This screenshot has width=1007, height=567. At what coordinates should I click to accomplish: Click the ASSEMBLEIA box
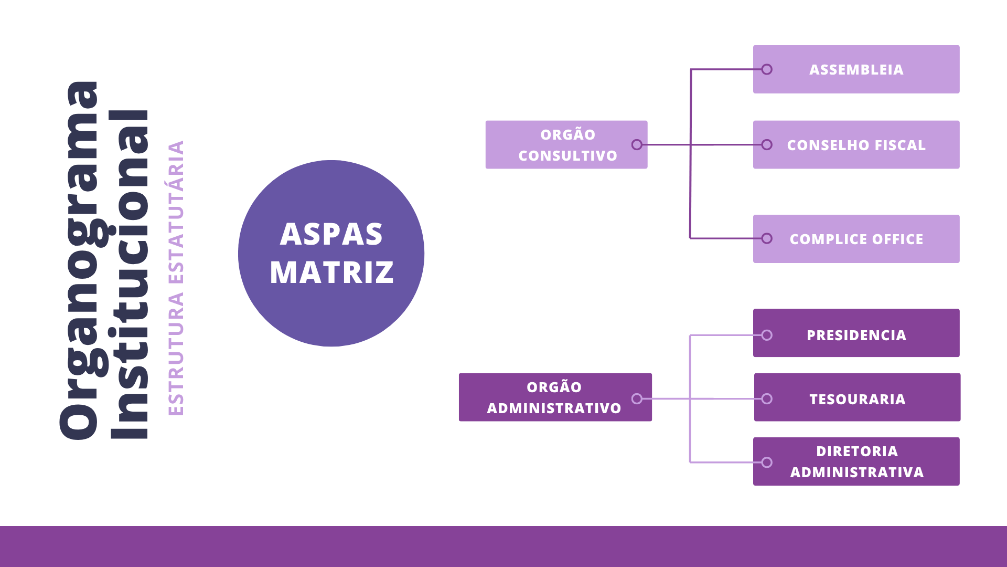(x=856, y=69)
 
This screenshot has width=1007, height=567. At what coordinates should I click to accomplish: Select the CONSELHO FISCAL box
(x=856, y=145)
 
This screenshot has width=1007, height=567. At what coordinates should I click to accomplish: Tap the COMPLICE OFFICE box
(x=856, y=239)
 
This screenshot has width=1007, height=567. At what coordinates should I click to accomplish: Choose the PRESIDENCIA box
(x=856, y=333)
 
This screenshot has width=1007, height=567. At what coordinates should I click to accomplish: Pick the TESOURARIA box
(x=857, y=397)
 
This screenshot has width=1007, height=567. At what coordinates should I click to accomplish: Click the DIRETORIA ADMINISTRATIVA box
(x=856, y=461)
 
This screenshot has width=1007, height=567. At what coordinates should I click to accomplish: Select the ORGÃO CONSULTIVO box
(x=566, y=145)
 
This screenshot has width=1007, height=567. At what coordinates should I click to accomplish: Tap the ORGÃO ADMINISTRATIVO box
(x=555, y=397)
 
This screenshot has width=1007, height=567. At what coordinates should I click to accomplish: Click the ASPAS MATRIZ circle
(x=331, y=254)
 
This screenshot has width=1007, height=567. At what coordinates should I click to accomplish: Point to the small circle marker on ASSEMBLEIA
(x=767, y=69)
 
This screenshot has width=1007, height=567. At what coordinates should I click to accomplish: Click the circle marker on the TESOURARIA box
(x=767, y=399)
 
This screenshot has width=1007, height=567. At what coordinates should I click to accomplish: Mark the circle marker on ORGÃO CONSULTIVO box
(x=637, y=145)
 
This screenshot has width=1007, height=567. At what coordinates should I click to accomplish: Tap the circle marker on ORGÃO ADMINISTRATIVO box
(x=637, y=399)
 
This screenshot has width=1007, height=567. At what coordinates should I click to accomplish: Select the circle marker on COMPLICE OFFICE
(x=767, y=238)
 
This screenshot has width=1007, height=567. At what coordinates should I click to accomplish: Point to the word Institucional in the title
(x=130, y=275)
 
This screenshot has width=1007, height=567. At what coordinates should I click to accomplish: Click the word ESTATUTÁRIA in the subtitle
(x=176, y=212)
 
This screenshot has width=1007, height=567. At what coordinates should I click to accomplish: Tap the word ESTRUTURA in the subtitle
(x=176, y=354)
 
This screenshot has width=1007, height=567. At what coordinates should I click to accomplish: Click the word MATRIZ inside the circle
(x=331, y=272)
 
